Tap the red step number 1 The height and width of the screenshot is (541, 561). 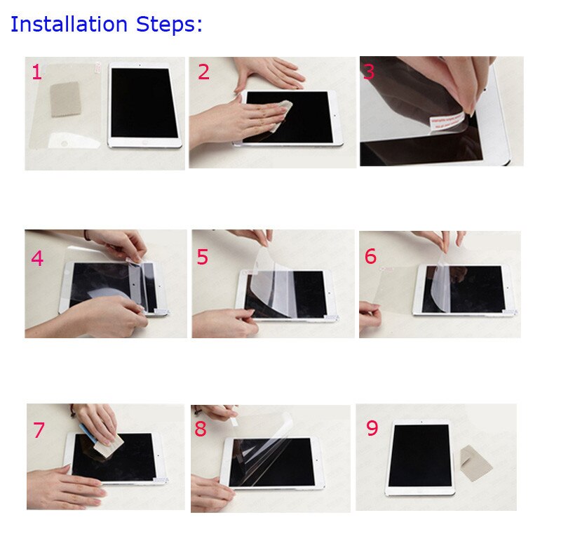click(x=36, y=72)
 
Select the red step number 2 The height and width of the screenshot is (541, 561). click(x=203, y=72)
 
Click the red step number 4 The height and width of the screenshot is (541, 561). click(x=37, y=259)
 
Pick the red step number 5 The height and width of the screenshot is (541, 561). click(x=203, y=258)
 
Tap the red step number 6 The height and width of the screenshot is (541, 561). click(x=370, y=257)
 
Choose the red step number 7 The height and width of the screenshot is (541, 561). click(x=39, y=430)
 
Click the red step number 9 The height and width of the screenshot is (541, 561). click(x=372, y=429)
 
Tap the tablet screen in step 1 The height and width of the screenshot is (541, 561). click(x=144, y=103)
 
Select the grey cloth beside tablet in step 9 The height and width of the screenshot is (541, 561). click(x=475, y=463)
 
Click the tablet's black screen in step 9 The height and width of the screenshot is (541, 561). click(x=419, y=458)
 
